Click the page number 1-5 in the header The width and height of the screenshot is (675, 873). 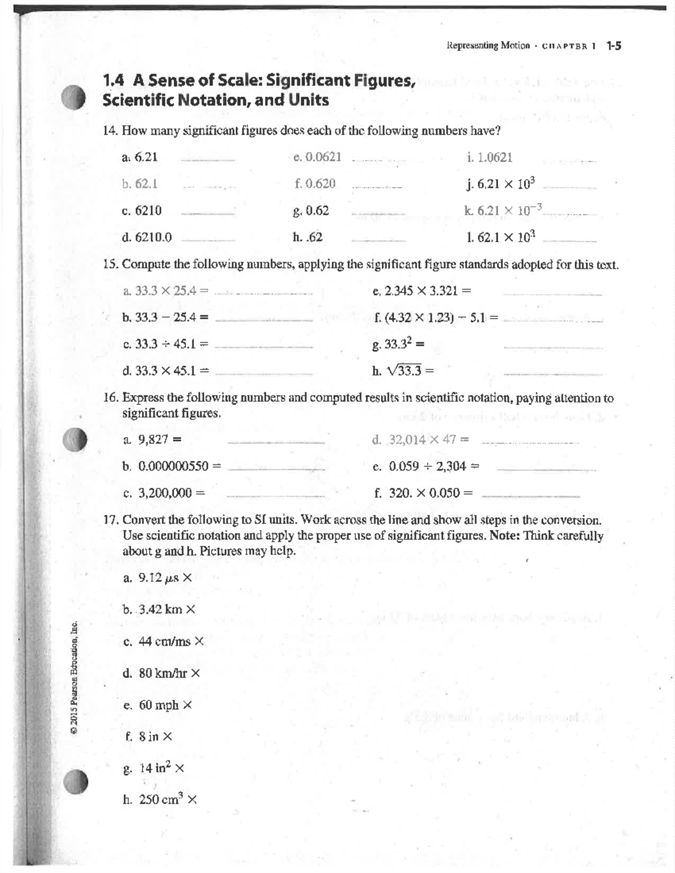(x=614, y=46)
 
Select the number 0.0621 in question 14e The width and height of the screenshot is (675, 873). (x=321, y=157)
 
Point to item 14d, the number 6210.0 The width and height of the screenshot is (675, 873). (x=154, y=237)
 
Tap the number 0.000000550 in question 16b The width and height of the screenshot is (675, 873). (x=173, y=466)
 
